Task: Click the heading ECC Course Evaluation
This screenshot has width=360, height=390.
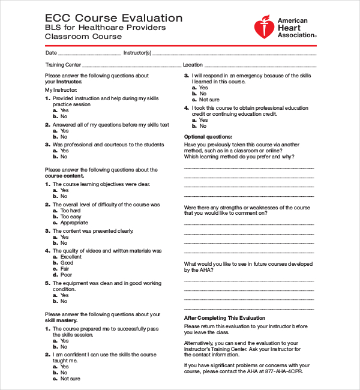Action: (114, 18)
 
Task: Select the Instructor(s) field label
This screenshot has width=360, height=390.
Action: (137, 53)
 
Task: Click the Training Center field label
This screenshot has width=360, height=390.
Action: (63, 65)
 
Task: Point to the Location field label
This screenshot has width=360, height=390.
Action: (193, 65)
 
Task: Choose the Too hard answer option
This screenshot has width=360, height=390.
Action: (70, 211)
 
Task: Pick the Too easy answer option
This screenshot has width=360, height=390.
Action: (70, 217)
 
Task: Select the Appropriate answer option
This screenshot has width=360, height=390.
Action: (74, 223)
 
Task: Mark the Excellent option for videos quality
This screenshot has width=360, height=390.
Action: (71, 257)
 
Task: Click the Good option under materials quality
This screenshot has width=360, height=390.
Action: (67, 263)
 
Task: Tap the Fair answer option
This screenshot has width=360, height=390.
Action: (65, 269)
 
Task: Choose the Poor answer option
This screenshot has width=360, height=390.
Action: (66, 275)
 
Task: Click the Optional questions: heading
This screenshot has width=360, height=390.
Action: (208, 137)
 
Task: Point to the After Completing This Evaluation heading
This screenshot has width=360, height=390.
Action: (224, 318)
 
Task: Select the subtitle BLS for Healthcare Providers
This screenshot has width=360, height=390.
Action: (106, 28)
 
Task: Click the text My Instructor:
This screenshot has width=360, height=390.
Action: (61, 90)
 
